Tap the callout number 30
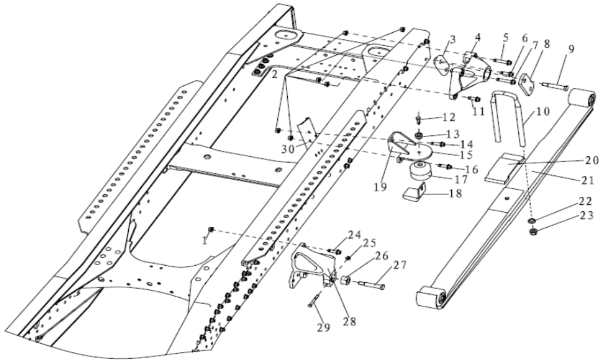[x=288, y=149]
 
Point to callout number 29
[x=323, y=327]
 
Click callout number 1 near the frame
[x=205, y=241]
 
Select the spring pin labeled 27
[x=372, y=284]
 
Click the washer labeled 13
[x=419, y=135]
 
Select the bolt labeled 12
[x=418, y=120]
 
